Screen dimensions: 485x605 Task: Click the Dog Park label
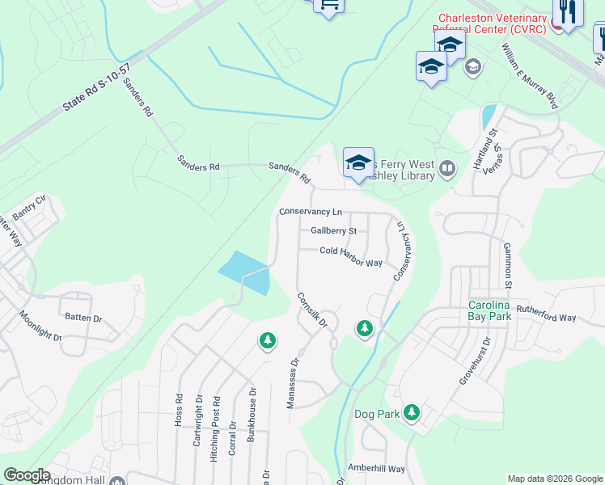pos(377,414)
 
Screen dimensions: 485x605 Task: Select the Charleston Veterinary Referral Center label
pos(492,24)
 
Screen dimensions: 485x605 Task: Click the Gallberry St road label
pos(334,231)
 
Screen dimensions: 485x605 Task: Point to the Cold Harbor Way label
pos(351,256)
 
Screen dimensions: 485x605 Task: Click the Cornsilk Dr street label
pos(311,310)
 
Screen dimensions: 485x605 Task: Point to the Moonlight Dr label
pos(40,326)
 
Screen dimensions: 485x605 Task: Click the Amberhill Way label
pos(375,468)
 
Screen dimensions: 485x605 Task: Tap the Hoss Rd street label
pos(179,405)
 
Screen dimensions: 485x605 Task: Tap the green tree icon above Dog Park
pos(412,413)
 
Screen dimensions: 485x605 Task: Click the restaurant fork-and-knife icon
pos(567,11)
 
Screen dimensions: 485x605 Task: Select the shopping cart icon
pos(328,5)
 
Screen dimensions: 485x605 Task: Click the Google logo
pos(27,475)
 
